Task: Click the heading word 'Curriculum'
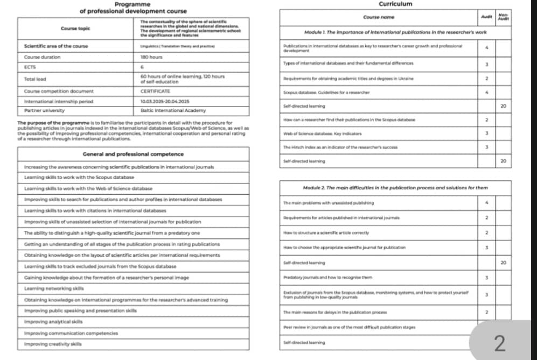click(x=395, y=4)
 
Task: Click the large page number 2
click(x=500, y=343)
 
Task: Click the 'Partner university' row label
click(x=44, y=110)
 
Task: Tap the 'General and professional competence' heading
click(x=133, y=154)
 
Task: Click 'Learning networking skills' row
click(x=53, y=289)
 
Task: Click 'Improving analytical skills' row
click(x=53, y=322)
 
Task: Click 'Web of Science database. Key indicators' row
click(x=322, y=133)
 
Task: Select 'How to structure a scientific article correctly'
click(x=326, y=233)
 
